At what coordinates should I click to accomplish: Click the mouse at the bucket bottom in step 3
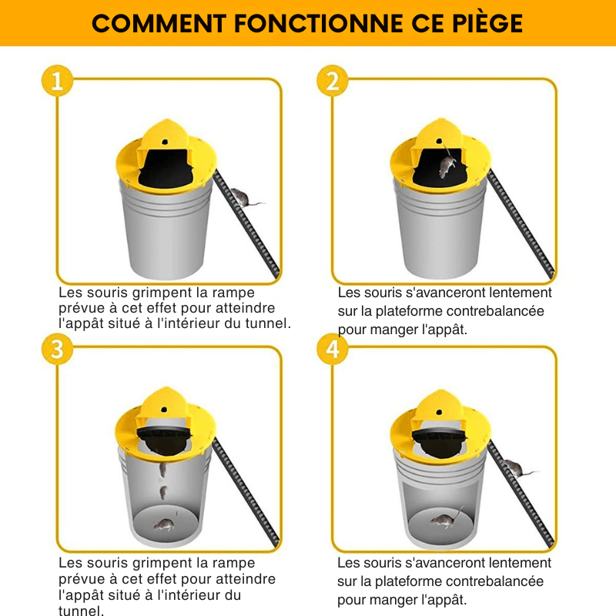[x=162, y=524]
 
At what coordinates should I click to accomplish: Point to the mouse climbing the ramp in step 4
[x=517, y=467]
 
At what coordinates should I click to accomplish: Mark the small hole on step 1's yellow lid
[x=166, y=141]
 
